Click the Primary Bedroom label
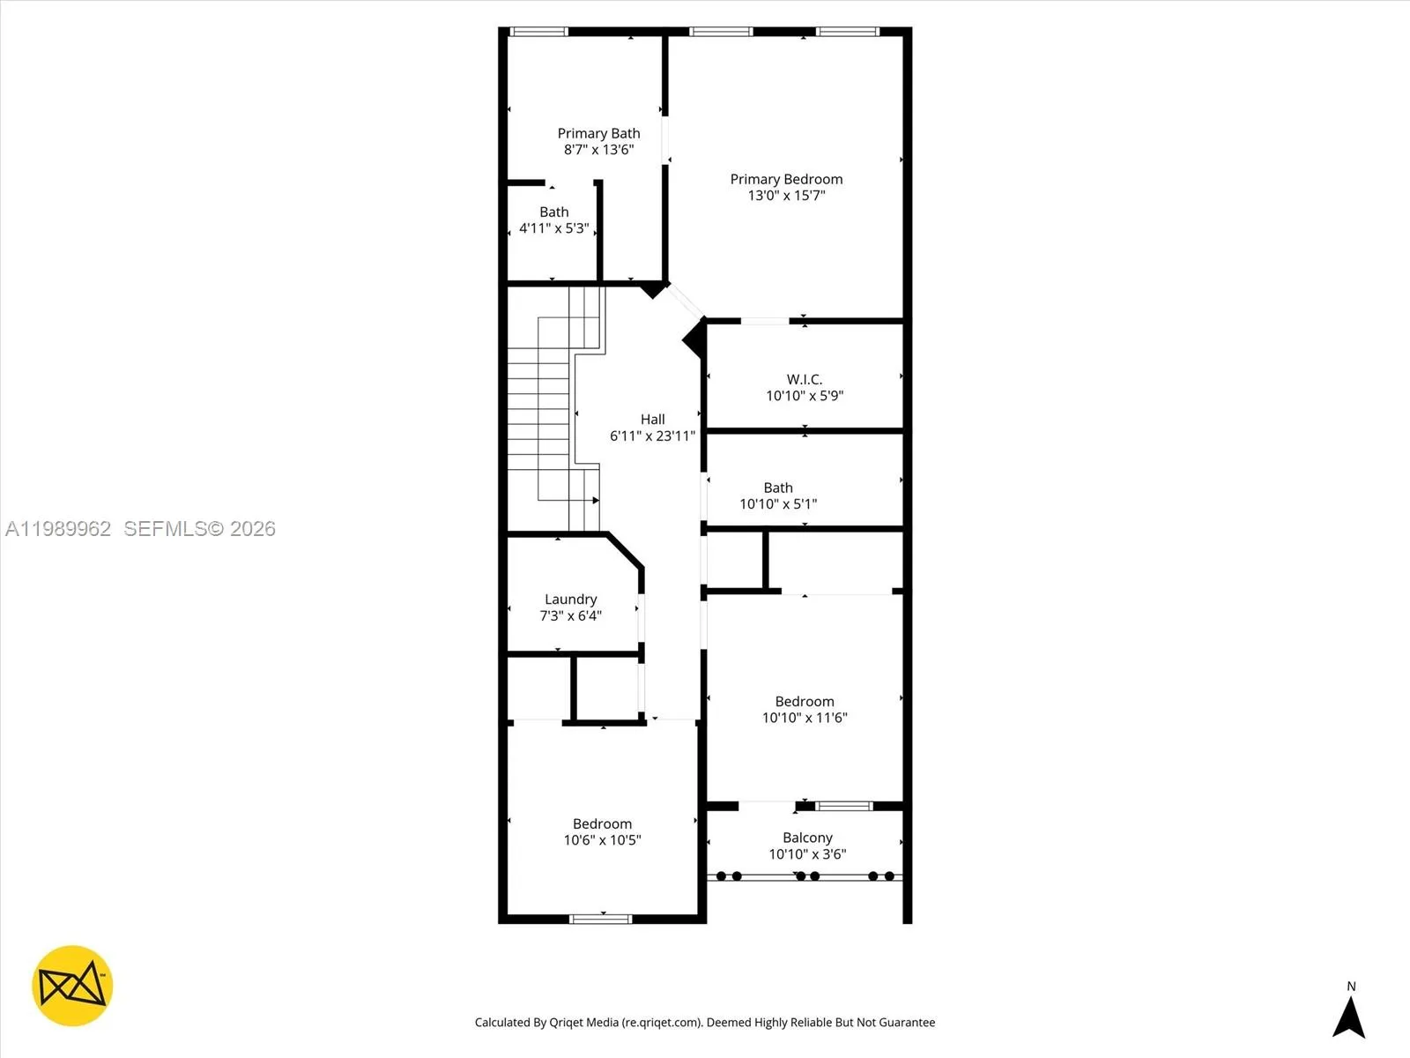[786, 179]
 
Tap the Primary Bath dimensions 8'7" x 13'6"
[598, 150]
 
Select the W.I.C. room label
[804, 379]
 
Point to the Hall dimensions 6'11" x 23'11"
[652, 436]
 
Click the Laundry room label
[570, 600]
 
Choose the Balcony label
[807, 838]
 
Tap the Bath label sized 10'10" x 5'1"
[777, 488]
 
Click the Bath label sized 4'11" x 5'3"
[553, 212]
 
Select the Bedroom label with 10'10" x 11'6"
[804, 702]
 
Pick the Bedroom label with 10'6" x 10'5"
[602, 824]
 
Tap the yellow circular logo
[72, 986]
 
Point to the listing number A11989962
[58, 528]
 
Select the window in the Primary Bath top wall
[538, 32]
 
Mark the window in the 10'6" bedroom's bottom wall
[601, 919]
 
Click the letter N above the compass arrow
[1351, 987]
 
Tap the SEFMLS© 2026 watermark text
[199, 528]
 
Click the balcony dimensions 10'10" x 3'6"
[807, 854]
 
